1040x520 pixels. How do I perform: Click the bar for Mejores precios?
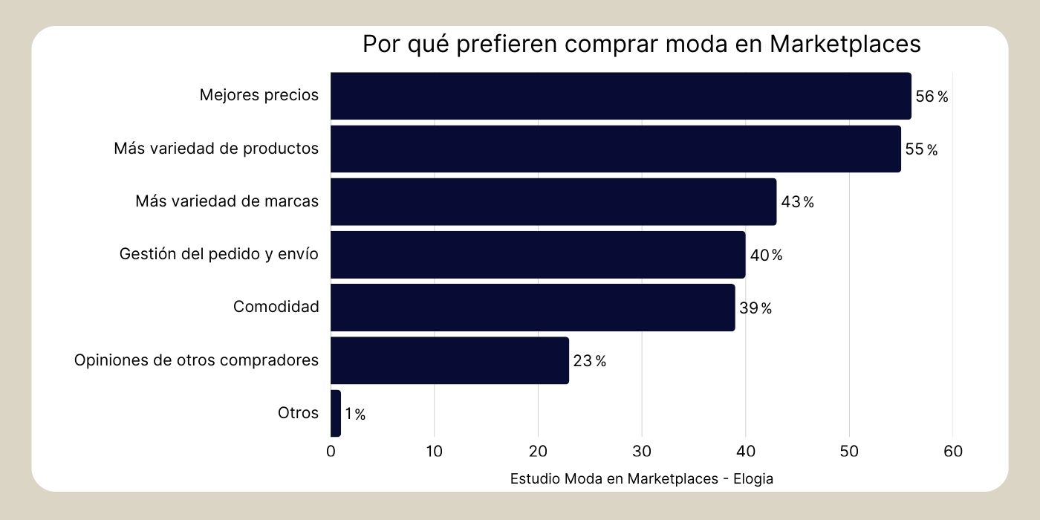click(620, 96)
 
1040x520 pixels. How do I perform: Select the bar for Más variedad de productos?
click(615, 149)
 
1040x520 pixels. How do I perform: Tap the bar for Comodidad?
click(532, 308)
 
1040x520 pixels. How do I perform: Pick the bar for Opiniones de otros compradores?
click(449, 360)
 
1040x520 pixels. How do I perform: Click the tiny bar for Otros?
click(336, 414)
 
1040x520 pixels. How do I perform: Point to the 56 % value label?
click(932, 97)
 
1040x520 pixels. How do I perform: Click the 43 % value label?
click(797, 202)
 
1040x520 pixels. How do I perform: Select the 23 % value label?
click(589, 362)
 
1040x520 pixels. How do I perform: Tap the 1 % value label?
click(355, 415)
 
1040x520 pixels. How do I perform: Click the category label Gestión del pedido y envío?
click(218, 254)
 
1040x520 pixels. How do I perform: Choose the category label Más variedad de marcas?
click(227, 201)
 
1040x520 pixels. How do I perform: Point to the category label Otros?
click(298, 413)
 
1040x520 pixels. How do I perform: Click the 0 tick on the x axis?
click(331, 452)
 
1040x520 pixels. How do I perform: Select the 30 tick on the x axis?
click(642, 452)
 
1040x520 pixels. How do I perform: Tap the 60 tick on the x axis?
click(953, 452)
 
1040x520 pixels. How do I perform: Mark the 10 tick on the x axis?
click(435, 452)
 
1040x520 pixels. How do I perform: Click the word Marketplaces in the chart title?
click(845, 45)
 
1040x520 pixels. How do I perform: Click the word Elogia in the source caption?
click(753, 479)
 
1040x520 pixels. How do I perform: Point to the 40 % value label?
click(766, 255)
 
